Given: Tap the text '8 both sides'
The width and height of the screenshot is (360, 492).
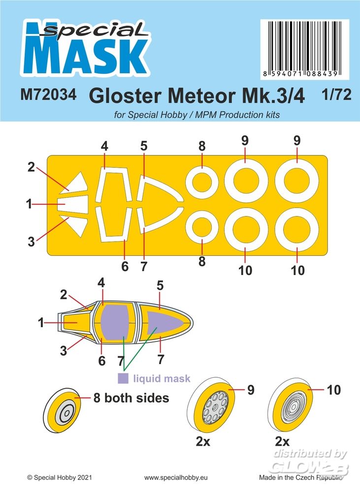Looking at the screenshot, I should (x=131, y=398).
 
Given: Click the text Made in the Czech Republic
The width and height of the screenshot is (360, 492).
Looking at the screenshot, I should (x=302, y=477).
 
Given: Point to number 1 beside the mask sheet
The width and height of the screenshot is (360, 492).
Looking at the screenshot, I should (x=29, y=203).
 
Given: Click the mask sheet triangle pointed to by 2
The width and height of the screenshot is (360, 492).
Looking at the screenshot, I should (x=77, y=184).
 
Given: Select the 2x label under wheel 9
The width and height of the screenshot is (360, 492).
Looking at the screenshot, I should (x=202, y=441).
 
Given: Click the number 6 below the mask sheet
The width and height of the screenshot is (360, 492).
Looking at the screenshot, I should (x=125, y=267).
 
